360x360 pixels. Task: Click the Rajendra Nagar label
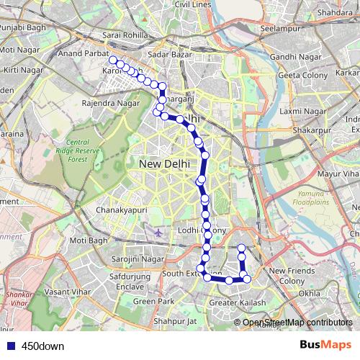click(x=111, y=103)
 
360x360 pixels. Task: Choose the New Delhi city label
click(x=163, y=164)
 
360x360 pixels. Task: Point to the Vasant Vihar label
click(x=66, y=291)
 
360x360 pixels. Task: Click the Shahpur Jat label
click(x=176, y=321)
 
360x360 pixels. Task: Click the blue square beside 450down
click(x=9, y=346)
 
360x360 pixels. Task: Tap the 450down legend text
click(x=42, y=346)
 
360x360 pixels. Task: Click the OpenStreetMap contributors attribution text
click(x=297, y=323)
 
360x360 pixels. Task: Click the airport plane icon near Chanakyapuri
click(x=158, y=233)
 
